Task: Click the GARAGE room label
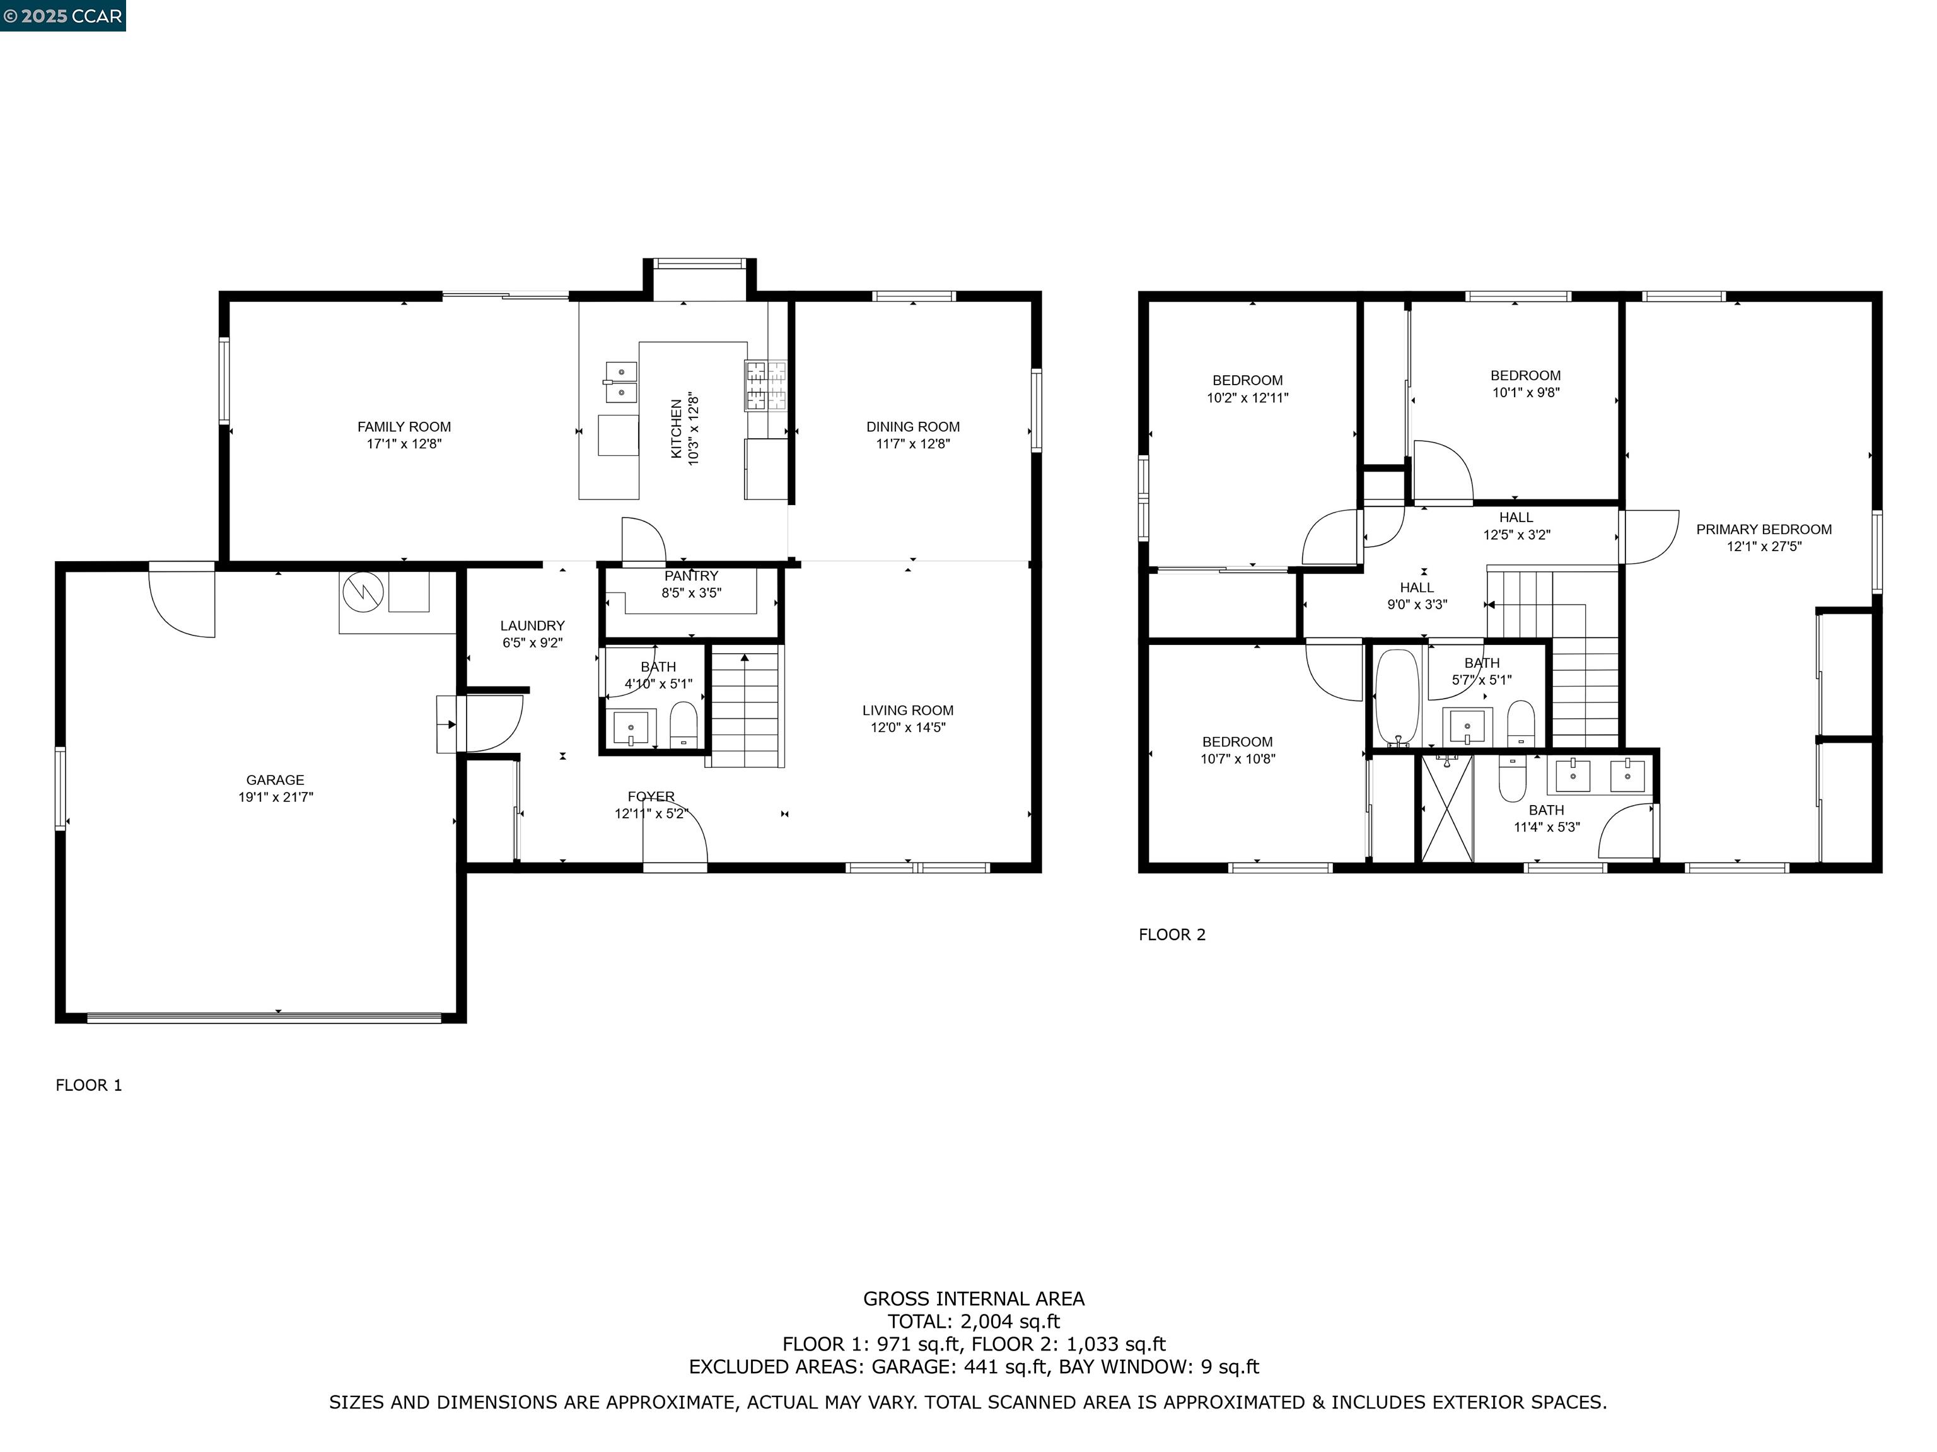click(x=275, y=779)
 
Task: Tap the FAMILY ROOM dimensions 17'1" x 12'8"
click(x=404, y=444)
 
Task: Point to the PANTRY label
click(x=691, y=576)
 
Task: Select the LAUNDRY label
click(x=532, y=625)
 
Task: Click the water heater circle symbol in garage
click(x=363, y=592)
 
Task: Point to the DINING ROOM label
click(x=912, y=426)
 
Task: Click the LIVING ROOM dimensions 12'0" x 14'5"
click(x=907, y=727)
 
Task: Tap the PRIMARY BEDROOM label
click(x=1764, y=529)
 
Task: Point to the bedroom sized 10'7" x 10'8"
click(x=1236, y=750)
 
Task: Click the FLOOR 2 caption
click(x=1172, y=934)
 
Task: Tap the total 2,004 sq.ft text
click(x=973, y=1321)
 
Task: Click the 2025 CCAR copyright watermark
click(x=62, y=16)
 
